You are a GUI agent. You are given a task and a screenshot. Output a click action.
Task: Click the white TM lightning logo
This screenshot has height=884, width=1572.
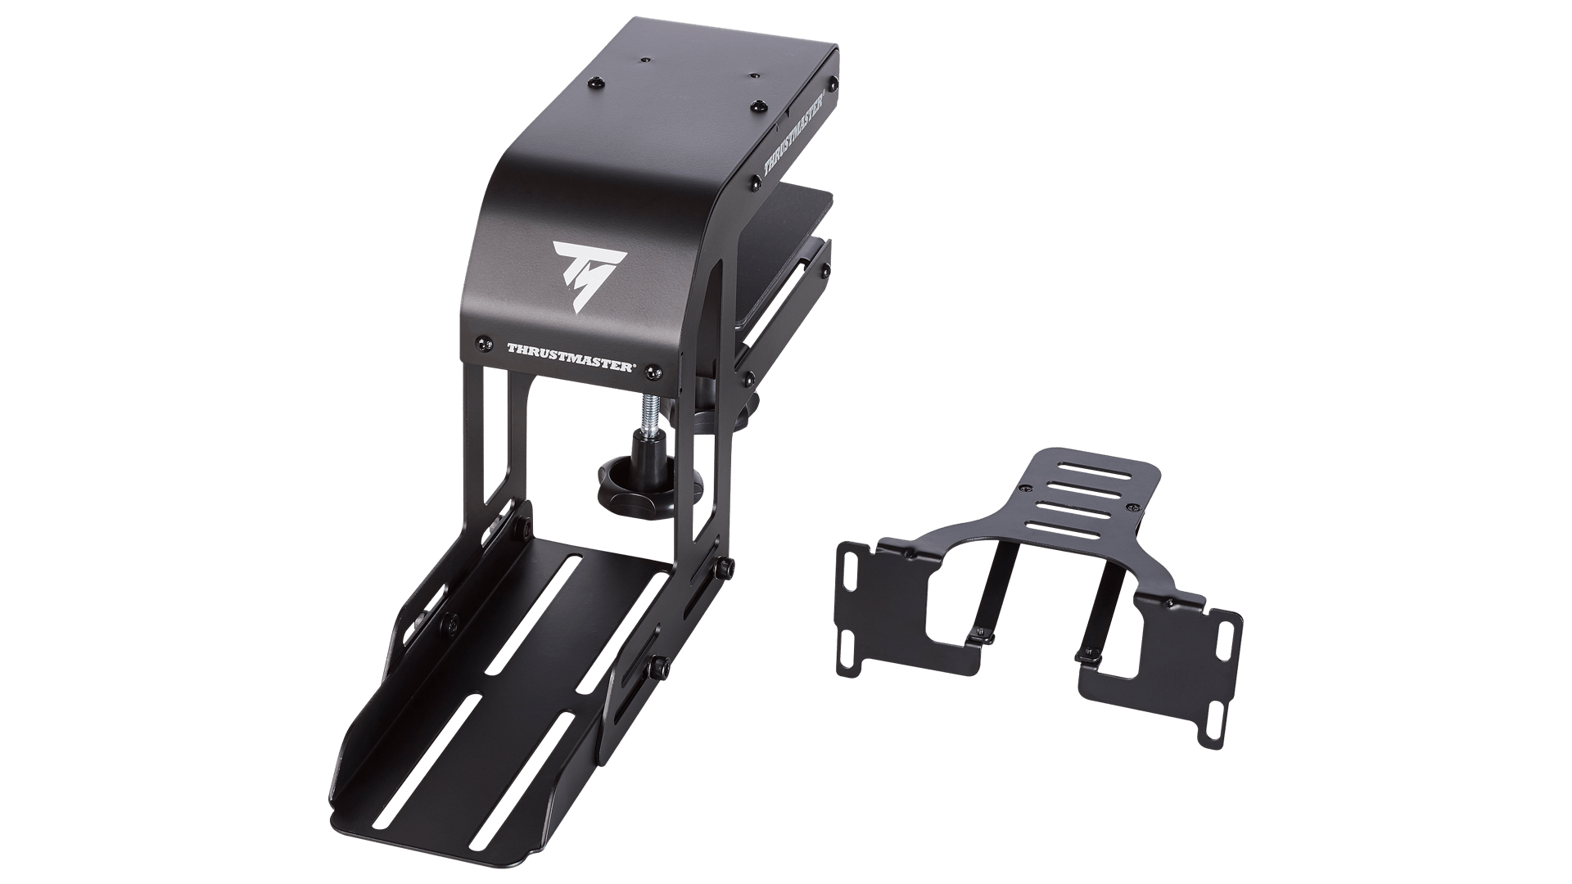click(589, 270)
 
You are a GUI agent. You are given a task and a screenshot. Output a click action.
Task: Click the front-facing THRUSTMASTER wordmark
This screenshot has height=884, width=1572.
click(570, 358)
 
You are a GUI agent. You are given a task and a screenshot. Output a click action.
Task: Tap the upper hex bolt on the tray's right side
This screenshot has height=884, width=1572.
click(725, 567)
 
